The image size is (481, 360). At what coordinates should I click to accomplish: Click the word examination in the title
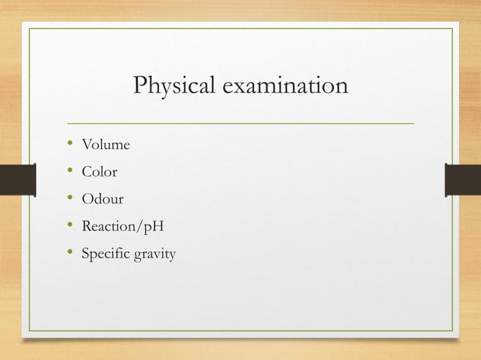pyautogui.click(x=285, y=87)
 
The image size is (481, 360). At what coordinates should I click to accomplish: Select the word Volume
pyautogui.click(x=106, y=145)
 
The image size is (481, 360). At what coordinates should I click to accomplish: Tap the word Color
pyautogui.click(x=100, y=172)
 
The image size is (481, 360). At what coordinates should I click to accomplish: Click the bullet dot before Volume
pyautogui.click(x=69, y=144)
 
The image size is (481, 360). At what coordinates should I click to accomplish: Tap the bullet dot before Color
pyautogui.click(x=69, y=171)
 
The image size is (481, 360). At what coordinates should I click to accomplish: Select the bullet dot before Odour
pyautogui.click(x=69, y=199)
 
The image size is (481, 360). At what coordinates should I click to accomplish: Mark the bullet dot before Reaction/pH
pyautogui.click(x=69, y=226)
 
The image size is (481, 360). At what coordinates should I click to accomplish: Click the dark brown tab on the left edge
pyautogui.click(x=17, y=180)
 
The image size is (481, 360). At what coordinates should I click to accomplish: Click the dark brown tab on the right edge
pyautogui.click(x=463, y=180)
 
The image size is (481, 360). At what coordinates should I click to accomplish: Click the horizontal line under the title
pyautogui.click(x=240, y=122)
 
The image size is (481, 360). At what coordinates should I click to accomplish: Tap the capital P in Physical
pyautogui.click(x=139, y=86)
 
